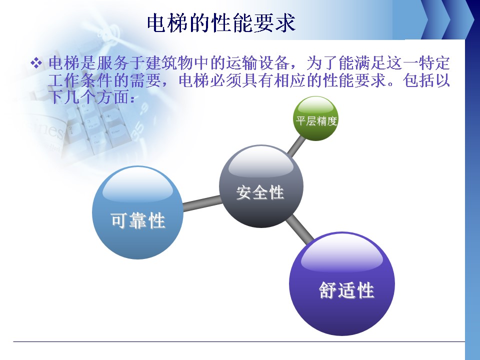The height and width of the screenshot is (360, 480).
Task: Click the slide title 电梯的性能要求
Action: pos(221,23)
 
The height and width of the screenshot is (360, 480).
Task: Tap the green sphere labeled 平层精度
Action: pos(316,119)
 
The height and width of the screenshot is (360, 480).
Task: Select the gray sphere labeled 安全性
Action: pos(261,186)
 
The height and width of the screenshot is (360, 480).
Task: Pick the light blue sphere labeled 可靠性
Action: pos(138,213)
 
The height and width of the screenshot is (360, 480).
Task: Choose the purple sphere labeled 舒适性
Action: pos(342,283)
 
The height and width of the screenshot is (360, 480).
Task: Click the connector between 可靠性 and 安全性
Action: pos(201,203)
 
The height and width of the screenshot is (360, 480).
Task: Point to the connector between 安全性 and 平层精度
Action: pos(296,146)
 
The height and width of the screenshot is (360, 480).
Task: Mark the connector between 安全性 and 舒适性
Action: pos(299,228)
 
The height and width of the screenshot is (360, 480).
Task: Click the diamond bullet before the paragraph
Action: pos(36,63)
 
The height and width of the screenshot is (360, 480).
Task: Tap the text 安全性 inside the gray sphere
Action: pos(260,193)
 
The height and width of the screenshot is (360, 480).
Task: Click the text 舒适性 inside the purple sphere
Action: pos(346,290)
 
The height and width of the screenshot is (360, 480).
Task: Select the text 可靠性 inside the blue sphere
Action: pos(138,220)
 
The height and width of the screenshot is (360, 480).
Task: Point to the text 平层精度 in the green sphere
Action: pos(316,121)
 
